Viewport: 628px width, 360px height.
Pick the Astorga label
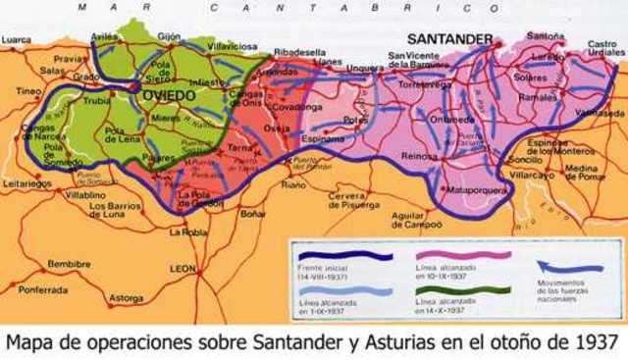click(x=125, y=296)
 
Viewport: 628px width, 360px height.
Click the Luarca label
click(x=17, y=40)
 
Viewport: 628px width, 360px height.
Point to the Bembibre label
click(x=68, y=264)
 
